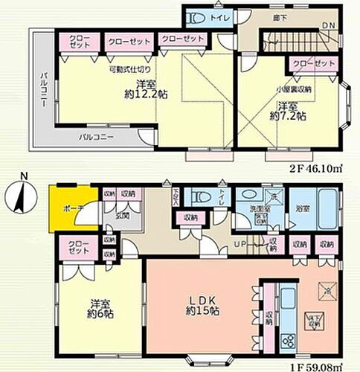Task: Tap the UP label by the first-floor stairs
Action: click(x=240, y=245)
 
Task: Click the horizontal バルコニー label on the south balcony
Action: click(x=97, y=136)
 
